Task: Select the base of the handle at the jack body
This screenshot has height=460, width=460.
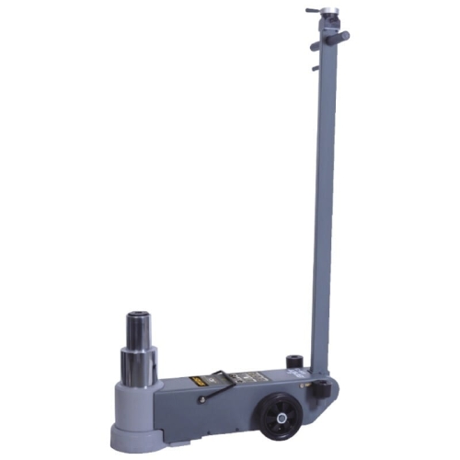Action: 318,368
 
